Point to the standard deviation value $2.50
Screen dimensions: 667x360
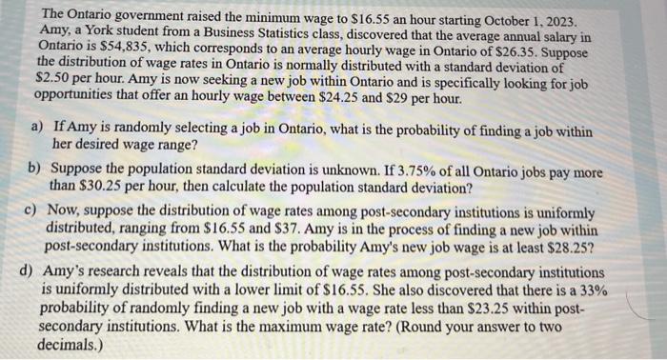click(54, 85)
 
